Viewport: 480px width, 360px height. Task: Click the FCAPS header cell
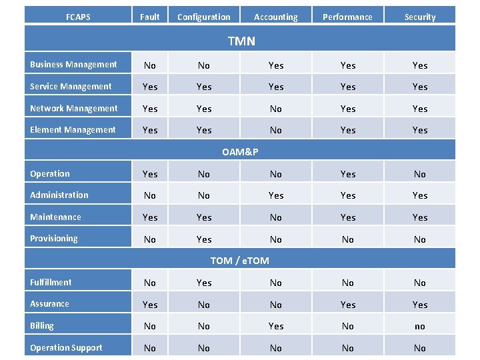coord(78,17)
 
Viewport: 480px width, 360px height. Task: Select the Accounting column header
coord(275,17)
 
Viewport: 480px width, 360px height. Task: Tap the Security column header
coord(419,17)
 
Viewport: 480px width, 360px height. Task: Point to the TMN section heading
coord(241,41)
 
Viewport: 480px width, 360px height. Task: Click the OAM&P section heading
coord(240,152)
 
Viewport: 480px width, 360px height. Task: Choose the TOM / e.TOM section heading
coord(240,261)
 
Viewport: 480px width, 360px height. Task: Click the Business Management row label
coord(73,65)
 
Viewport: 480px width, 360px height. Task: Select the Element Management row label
coord(73,130)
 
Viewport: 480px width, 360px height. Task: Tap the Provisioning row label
coord(54,239)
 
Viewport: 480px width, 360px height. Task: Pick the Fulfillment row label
coord(51,283)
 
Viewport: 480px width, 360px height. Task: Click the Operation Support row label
coord(66,348)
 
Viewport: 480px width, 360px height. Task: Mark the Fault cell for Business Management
coord(150,65)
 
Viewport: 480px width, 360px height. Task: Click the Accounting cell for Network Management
coord(275,109)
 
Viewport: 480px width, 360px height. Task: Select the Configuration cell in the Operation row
coord(204,174)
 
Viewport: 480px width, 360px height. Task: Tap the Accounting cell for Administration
coord(275,195)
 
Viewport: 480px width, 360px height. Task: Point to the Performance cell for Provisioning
coord(347,239)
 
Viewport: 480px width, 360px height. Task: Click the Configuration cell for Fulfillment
coord(204,283)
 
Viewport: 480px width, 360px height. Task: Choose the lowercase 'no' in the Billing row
coord(419,327)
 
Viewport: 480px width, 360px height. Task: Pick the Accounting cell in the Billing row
coord(275,327)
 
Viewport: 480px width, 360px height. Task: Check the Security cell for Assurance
coord(419,305)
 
